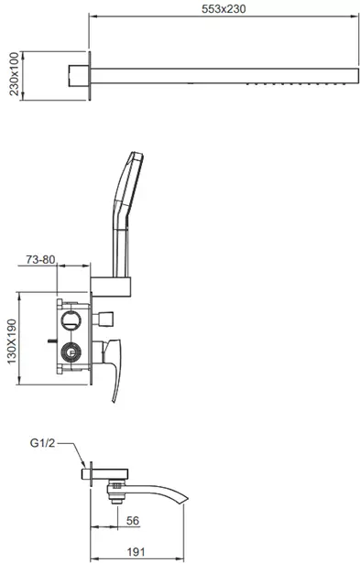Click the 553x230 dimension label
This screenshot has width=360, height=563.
pyautogui.click(x=224, y=8)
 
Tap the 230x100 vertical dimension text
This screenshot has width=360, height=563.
pyautogui.click(x=14, y=73)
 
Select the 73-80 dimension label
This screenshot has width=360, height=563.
pyautogui.click(x=40, y=259)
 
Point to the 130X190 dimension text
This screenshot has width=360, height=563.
pyautogui.click(x=12, y=341)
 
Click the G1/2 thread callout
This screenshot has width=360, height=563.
pyautogui.click(x=42, y=443)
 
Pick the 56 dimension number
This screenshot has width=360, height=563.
pyautogui.click(x=133, y=520)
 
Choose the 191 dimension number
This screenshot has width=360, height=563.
pyautogui.click(x=136, y=551)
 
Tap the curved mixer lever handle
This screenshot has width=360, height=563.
pyautogui.click(x=114, y=370)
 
